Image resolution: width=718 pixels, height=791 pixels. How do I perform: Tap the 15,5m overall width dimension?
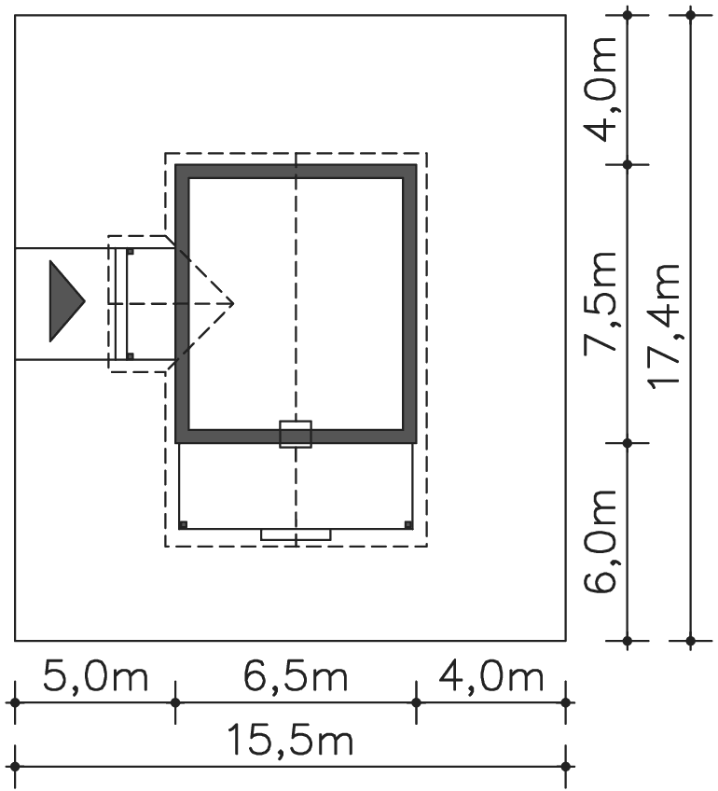coord(290,742)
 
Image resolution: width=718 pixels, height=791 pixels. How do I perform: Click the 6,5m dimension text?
coord(296,676)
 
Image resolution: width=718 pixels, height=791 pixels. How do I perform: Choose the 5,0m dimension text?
coord(95,676)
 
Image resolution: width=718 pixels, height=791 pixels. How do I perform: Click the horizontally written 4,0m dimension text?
coord(490,676)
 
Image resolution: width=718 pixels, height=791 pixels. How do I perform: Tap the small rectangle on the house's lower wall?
coord(296,435)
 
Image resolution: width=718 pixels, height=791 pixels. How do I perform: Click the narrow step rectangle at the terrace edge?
coord(296,534)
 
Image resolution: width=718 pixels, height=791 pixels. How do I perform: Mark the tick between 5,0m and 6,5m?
coord(175,701)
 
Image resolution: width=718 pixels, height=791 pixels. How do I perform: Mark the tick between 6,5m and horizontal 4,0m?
coord(416,701)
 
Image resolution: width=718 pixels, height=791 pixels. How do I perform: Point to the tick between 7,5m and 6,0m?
coord(628,443)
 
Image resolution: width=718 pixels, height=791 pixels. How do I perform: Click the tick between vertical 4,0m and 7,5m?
coord(628,164)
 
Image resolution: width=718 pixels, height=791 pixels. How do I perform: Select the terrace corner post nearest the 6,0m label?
coord(409,524)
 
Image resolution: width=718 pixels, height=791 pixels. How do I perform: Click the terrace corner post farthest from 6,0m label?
coord(183,524)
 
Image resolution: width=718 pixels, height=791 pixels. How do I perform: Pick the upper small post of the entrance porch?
coord(131,252)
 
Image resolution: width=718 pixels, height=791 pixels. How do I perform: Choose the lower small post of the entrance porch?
coord(131,355)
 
